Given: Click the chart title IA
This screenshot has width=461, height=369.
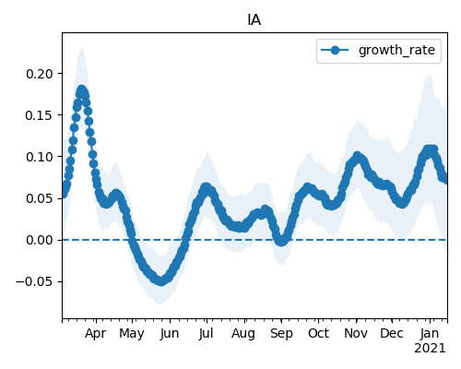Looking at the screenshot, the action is pyautogui.click(x=254, y=20).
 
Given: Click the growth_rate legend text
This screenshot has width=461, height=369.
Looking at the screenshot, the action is pyautogui.click(x=396, y=50).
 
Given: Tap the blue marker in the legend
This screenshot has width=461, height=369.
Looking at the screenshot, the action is pyautogui.click(x=335, y=50).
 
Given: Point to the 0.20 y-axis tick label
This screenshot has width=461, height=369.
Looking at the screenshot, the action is pyautogui.click(x=40, y=74).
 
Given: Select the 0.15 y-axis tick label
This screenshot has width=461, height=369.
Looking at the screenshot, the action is pyautogui.click(x=40, y=115).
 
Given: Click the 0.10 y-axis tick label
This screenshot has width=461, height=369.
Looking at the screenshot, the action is pyautogui.click(x=40, y=157).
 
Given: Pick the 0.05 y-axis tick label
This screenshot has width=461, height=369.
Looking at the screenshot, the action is pyautogui.click(x=40, y=198).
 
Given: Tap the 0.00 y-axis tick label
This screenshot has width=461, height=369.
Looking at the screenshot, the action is pyautogui.click(x=40, y=240).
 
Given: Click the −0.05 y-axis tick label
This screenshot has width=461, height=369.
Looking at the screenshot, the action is pyautogui.click(x=35, y=281).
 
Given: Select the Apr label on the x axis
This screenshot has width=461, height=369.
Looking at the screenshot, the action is pyautogui.click(x=96, y=333).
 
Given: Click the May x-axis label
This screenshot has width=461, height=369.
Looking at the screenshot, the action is pyautogui.click(x=132, y=333).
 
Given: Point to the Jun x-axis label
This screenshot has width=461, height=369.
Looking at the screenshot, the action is pyautogui.click(x=170, y=333).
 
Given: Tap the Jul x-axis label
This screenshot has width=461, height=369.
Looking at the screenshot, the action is pyautogui.click(x=206, y=333).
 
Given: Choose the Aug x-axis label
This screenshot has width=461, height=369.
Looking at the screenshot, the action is pyautogui.click(x=243, y=333).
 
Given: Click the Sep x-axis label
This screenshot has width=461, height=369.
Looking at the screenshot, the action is pyautogui.click(x=281, y=333).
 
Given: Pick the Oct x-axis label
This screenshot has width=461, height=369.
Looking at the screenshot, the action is pyautogui.click(x=319, y=333).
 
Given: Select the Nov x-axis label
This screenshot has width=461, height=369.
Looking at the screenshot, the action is pyautogui.click(x=356, y=333).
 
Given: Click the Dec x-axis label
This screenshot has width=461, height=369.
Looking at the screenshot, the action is pyautogui.click(x=392, y=333).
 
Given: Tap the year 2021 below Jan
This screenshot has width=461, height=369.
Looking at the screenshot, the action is pyautogui.click(x=430, y=349).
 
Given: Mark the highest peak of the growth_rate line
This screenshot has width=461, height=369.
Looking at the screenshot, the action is pyautogui.click(x=81, y=90).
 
